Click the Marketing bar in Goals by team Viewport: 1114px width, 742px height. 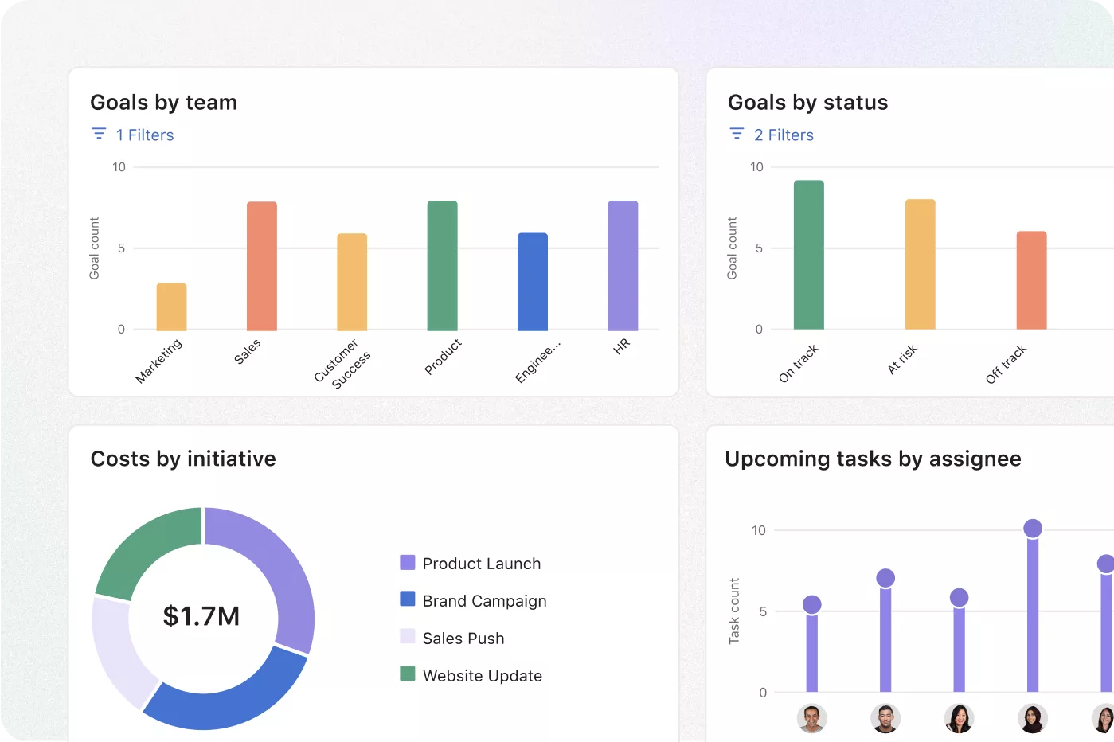171,307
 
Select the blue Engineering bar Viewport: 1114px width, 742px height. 533,282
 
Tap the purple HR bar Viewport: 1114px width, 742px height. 623,266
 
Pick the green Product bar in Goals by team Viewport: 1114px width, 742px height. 442,266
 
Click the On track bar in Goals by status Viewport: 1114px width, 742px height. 808,255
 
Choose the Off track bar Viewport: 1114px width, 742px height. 1031,280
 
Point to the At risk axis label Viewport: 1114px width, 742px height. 903,359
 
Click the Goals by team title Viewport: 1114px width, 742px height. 163,103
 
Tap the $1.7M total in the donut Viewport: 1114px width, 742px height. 201,616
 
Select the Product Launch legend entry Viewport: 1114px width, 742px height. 481,564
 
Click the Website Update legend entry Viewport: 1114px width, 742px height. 482,676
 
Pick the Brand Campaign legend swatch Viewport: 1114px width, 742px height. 408,599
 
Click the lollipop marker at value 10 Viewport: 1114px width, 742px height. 1032,529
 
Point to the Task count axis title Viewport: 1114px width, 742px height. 734,611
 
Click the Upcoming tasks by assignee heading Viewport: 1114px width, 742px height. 873,459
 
